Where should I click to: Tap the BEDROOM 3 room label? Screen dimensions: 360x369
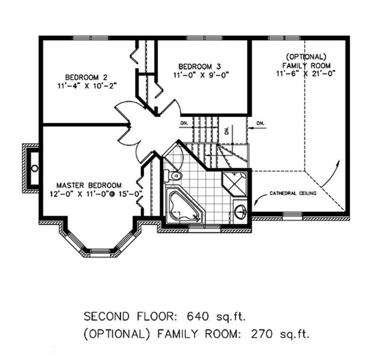[200, 67]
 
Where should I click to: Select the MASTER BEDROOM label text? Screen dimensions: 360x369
[89, 185]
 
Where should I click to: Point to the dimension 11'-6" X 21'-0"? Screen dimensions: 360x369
[305, 73]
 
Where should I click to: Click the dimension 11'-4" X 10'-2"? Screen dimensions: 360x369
[87, 86]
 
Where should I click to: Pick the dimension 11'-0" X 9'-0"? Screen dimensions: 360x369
[201, 75]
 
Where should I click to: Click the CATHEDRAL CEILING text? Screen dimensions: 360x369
[293, 193]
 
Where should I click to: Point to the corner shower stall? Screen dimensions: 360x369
[235, 183]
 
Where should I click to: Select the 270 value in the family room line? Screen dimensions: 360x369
[261, 335]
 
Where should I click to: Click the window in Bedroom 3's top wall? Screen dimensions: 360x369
[201, 38]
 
